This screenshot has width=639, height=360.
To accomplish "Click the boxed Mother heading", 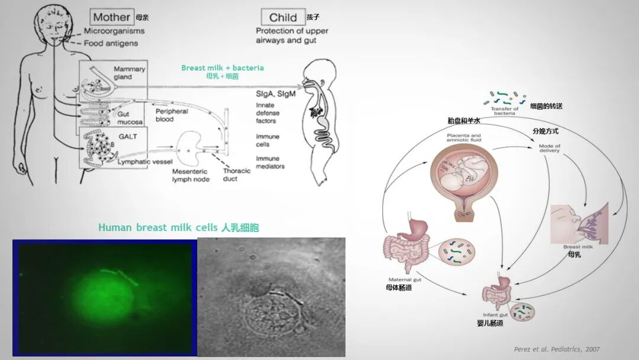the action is pyautogui.click(x=111, y=17).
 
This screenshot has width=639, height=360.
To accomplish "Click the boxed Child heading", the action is pyautogui.click(x=283, y=17).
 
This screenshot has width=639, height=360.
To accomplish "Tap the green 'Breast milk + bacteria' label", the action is pyautogui.click(x=222, y=67).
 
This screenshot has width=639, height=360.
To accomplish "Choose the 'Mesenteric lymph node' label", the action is pyautogui.click(x=191, y=175).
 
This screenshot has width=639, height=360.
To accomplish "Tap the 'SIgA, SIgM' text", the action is pyautogui.click(x=276, y=95).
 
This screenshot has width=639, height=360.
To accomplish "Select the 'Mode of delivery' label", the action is pyautogui.click(x=549, y=149).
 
